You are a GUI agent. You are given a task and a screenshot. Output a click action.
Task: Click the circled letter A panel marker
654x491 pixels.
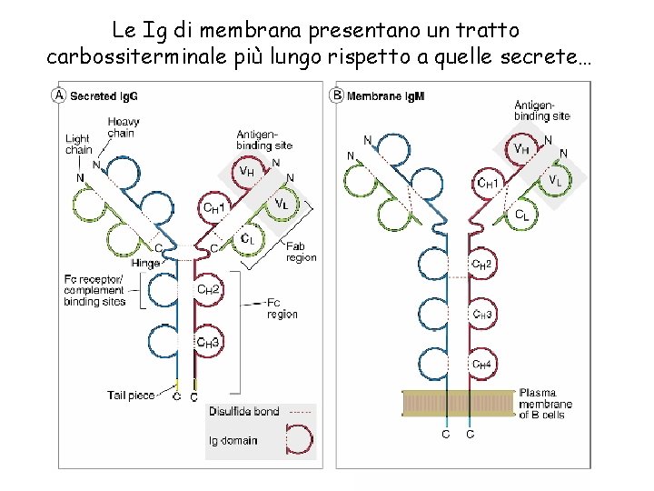tap(60, 95)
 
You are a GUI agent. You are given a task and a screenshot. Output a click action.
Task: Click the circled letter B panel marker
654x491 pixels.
tap(337, 95)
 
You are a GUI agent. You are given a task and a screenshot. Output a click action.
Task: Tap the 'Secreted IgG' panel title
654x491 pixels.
tap(104, 95)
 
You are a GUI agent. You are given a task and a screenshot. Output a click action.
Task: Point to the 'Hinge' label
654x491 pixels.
tap(145, 263)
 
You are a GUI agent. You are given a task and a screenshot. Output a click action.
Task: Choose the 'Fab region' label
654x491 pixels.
tap(302, 252)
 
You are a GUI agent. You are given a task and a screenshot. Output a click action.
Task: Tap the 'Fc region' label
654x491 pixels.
tap(282, 308)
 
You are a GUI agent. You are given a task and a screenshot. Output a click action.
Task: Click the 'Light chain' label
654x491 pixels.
tap(79, 145)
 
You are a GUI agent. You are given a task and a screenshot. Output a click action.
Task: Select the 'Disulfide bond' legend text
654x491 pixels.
tap(243, 412)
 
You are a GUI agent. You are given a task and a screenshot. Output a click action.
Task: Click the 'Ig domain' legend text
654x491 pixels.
tap(233, 440)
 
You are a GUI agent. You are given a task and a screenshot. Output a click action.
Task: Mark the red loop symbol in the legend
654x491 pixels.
tap(299, 441)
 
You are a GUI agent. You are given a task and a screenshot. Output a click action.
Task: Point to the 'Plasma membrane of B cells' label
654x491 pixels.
tap(545, 404)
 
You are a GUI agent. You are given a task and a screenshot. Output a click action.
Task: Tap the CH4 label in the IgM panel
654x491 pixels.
tap(482, 365)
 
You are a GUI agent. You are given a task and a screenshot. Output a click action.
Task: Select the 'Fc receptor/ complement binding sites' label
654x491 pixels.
tap(94, 290)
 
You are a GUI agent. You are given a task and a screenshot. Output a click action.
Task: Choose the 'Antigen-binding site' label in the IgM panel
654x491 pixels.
tap(542, 110)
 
